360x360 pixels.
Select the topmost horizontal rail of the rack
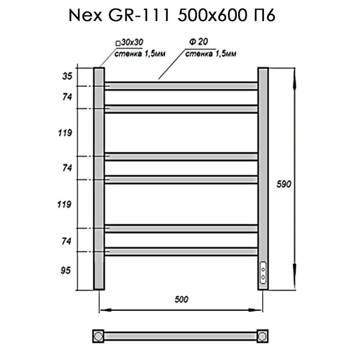point(182,86)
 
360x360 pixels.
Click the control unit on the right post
point(263,272)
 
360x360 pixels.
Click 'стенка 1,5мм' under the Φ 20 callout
point(209,54)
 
